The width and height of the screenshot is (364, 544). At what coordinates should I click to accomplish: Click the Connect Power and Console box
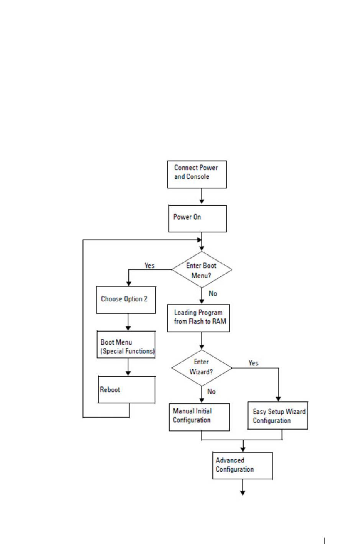click(x=197, y=174)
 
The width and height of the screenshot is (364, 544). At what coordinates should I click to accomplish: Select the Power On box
click(x=197, y=218)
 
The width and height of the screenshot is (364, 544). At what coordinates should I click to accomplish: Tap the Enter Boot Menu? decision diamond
click(x=202, y=269)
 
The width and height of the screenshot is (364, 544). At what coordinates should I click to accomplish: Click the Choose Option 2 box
click(x=126, y=300)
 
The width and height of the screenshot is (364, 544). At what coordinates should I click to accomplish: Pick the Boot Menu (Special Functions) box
click(x=126, y=344)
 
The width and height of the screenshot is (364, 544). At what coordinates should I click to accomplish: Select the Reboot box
click(x=126, y=389)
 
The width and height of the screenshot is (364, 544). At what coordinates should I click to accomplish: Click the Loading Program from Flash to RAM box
click(x=198, y=318)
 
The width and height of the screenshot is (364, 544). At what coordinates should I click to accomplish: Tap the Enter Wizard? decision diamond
click(x=202, y=368)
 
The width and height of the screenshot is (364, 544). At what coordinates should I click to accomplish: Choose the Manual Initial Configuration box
click(x=199, y=417)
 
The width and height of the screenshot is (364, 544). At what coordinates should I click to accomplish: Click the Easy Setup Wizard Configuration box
click(x=278, y=415)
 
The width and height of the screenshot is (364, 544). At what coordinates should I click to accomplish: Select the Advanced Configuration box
click(x=242, y=466)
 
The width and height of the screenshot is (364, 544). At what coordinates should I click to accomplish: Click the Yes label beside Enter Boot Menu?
click(x=149, y=265)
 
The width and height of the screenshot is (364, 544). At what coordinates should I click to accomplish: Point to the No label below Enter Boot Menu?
click(x=213, y=293)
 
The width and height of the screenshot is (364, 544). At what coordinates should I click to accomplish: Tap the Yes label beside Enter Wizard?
click(x=253, y=363)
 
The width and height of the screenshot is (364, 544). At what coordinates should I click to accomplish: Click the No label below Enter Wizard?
click(x=211, y=391)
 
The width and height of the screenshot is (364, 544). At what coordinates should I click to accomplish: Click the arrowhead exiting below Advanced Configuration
click(x=243, y=493)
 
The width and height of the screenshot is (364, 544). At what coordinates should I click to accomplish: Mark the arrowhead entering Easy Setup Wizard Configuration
click(x=278, y=399)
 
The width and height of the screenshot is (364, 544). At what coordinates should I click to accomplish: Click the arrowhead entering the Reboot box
click(x=128, y=373)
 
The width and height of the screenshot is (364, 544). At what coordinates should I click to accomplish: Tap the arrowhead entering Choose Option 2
click(x=129, y=283)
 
